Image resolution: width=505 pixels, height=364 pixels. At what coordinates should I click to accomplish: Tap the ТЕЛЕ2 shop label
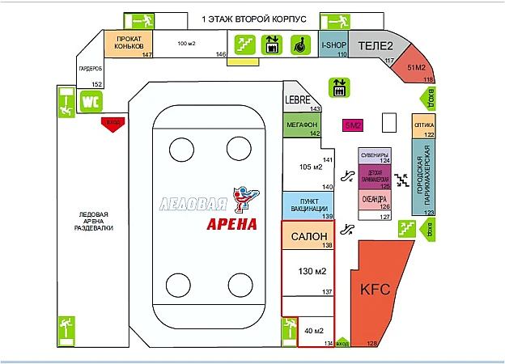click(x=375, y=45)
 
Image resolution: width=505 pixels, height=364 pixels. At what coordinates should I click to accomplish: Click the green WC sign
click(x=90, y=102)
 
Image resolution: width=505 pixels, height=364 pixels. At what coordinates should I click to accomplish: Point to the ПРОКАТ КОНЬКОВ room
click(x=129, y=43)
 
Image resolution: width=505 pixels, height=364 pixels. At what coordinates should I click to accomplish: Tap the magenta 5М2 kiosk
click(x=353, y=125)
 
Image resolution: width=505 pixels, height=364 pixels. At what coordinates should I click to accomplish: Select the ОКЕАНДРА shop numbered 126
click(x=376, y=198)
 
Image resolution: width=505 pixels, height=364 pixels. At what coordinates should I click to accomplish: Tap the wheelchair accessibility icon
click(x=298, y=45)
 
